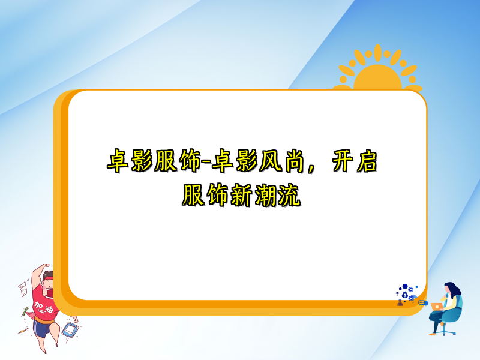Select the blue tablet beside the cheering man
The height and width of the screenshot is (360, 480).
[70, 331]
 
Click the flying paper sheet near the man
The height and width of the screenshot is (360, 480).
[23, 290]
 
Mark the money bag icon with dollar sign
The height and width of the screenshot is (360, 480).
[404, 295]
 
